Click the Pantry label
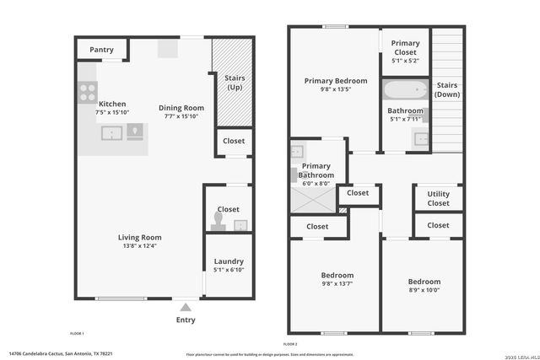(x=101, y=50)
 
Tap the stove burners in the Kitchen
(x=87, y=92)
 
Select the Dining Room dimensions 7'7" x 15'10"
(x=181, y=116)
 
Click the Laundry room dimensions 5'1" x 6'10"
(x=229, y=270)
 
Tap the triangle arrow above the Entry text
(x=186, y=308)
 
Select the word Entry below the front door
(x=186, y=320)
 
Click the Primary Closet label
(x=405, y=47)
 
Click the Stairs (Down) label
(x=446, y=90)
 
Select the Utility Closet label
(x=438, y=198)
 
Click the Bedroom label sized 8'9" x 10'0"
(x=424, y=282)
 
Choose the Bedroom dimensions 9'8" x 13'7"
(x=337, y=284)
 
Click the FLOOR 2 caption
(x=290, y=344)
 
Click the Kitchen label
(x=112, y=104)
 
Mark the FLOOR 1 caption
(x=77, y=334)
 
